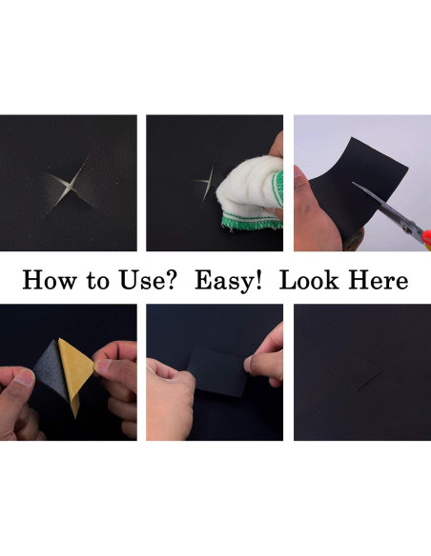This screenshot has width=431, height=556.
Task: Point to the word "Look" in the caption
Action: (309, 280)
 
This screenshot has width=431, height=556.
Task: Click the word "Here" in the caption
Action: (379, 280)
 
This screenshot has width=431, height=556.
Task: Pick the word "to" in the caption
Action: (97, 281)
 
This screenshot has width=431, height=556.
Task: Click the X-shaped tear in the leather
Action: (70, 186)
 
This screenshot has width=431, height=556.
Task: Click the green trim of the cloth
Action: (250, 220)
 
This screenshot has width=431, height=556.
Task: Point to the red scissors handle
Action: (427, 238)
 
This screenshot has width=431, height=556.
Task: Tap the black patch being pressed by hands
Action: (217, 372)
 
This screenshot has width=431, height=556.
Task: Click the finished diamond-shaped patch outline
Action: (356, 372)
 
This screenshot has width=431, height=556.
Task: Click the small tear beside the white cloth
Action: (205, 183)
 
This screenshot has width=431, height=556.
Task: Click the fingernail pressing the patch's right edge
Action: (249, 365)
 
